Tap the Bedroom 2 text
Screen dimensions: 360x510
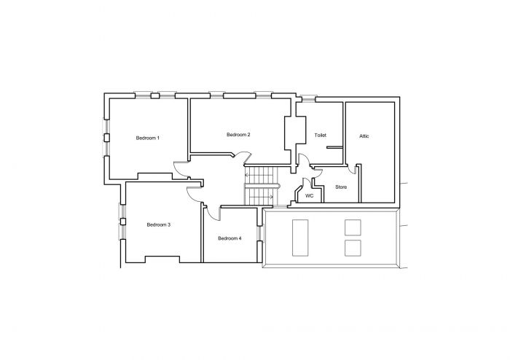[x=238, y=135]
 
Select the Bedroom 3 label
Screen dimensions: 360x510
[x=158, y=224]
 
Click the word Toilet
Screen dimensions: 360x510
[x=320, y=136]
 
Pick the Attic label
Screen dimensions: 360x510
[x=364, y=136]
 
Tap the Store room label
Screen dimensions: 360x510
[x=341, y=187]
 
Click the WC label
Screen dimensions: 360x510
[x=309, y=195]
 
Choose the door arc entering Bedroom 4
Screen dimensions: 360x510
[x=213, y=212]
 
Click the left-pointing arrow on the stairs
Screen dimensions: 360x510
[x=248, y=174]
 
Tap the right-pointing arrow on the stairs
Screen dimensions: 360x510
[x=270, y=196]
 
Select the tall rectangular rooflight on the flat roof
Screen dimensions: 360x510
[x=300, y=238]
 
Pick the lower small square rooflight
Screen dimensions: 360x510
[x=353, y=248]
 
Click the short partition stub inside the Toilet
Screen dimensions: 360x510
[x=334, y=148]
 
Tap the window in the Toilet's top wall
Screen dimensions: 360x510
[x=309, y=98]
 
